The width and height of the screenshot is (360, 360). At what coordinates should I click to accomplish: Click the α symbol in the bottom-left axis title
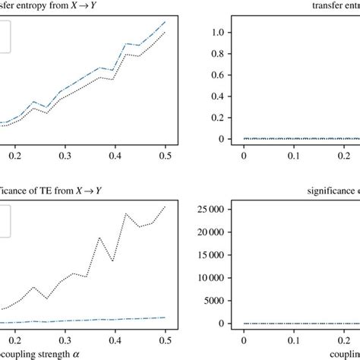(96, 353)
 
